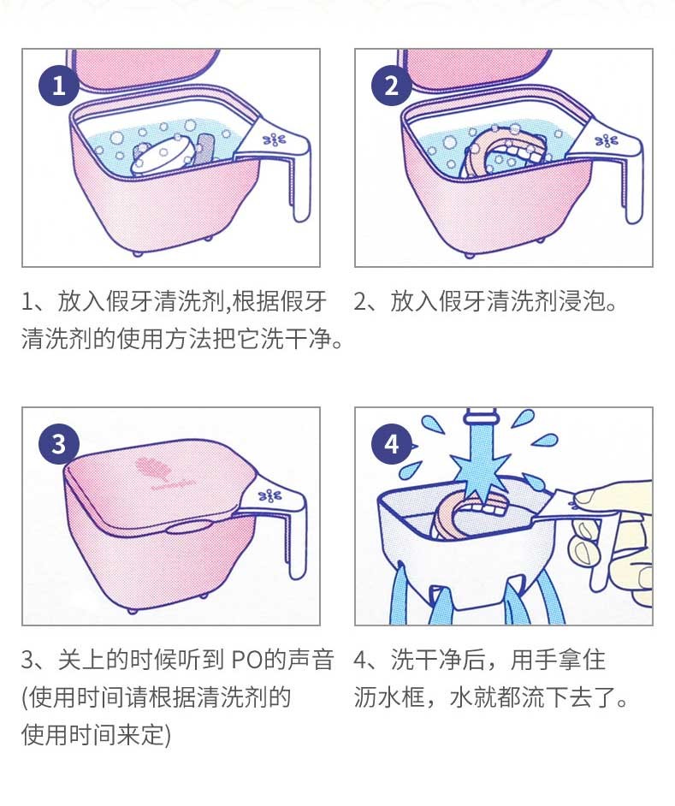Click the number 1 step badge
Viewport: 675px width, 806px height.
pos(58,86)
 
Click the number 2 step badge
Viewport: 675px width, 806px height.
pos(392,86)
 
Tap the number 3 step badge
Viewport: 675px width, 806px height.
pos(58,444)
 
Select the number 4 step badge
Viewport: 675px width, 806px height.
pos(392,444)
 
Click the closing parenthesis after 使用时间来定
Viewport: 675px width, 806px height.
pos(168,735)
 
